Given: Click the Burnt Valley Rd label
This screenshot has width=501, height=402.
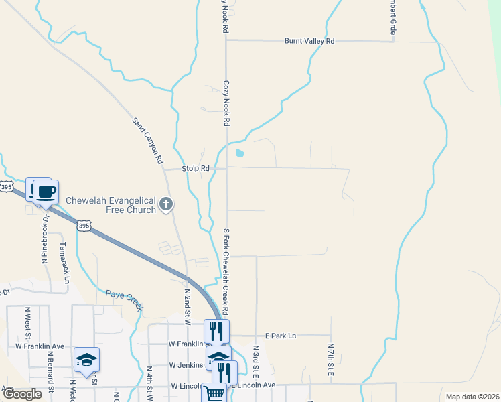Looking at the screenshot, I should pyautogui.click(x=309, y=41).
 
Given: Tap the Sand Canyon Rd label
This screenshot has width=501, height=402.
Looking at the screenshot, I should pyautogui.click(x=147, y=141).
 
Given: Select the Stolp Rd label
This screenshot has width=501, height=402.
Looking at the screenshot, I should pyautogui.click(x=196, y=168).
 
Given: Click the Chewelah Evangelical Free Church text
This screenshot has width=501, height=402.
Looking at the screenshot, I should pyautogui.click(x=111, y=205).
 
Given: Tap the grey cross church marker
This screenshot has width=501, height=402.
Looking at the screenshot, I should pyautogui.click(x=167, y=205).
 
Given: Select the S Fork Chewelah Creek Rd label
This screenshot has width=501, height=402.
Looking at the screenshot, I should pyautogui.click(x=226, y=272).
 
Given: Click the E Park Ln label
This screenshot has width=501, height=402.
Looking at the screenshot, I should pyautogui.click(x=280, y=336).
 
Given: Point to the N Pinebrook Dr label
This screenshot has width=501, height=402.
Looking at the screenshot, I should pyautogui.click(x=46, y=239).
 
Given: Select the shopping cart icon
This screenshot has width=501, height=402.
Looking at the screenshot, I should pyautogui.click(x=214, y=394).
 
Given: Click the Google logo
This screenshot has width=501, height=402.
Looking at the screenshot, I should pyautogui.click(x=22, y=394).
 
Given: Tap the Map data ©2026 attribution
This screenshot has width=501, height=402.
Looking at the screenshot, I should pyautogui.click(x=472, y=397).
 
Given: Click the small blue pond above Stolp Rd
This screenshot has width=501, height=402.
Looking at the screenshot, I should pyautogui.click(x=239, y=153).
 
